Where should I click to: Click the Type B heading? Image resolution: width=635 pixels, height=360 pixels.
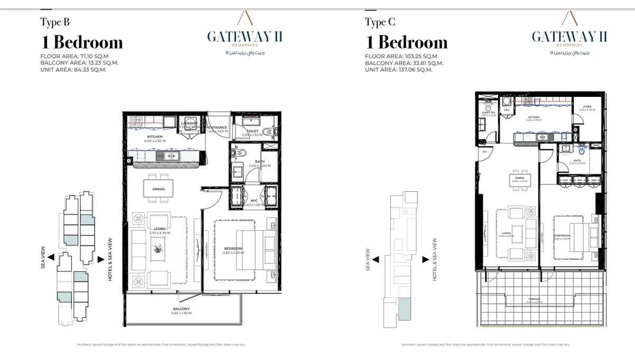(55, 22)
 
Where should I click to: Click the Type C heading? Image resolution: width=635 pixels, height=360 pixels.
(379, 22)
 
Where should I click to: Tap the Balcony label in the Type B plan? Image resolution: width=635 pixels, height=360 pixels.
(181, 309)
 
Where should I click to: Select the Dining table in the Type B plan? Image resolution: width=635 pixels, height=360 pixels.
(158, 189)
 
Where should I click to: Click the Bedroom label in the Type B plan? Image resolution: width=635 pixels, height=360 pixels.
(233, 249)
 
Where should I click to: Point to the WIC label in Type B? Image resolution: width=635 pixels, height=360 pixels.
(254, 201)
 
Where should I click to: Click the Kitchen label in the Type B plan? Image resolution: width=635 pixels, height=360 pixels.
(155, 137)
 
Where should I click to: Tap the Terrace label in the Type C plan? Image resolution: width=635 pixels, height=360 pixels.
(534, 299)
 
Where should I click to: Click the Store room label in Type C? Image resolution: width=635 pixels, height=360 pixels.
(587, 107)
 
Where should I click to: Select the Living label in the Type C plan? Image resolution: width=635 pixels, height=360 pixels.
(506, 233)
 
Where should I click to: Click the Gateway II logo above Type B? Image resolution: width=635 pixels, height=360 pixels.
(244, 37)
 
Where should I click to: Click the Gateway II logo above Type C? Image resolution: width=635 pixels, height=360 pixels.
(569, 37)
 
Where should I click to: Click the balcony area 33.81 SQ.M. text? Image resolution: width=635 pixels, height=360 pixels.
(404, 63)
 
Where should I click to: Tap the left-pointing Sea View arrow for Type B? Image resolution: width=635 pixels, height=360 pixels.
(51, 257)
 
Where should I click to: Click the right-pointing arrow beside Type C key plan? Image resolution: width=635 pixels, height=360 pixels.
(425, 260)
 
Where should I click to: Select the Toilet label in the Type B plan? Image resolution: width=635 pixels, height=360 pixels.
(252, 131)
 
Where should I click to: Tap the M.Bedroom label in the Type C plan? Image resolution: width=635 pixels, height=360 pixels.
(562, 236)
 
